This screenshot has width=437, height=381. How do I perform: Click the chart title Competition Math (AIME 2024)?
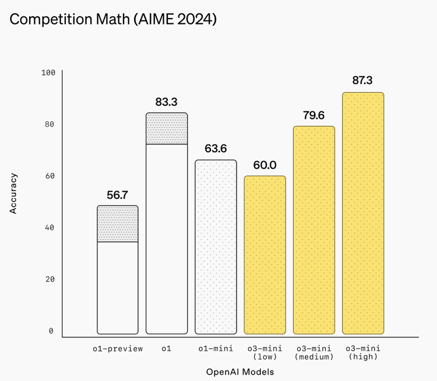click(114, 20)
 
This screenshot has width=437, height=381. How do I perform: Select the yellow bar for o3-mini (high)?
click(363, 213)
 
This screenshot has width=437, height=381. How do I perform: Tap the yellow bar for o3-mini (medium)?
click(313, 230)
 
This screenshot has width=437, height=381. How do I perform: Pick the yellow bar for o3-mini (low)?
click(265, 255)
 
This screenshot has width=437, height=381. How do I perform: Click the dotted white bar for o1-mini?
click(216, 246)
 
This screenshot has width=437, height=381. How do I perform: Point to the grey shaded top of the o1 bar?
click(167, 129)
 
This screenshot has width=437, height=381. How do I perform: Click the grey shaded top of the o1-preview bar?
click(118, 224)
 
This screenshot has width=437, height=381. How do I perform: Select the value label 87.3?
click(362, 80)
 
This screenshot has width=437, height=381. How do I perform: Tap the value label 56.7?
click(117, 195)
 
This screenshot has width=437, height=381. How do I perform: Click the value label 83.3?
click(167, 102)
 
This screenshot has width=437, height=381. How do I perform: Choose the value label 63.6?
click(216, 149)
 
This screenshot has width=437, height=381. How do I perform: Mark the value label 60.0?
click(265, 165)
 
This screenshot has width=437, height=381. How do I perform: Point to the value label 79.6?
click(313, 115)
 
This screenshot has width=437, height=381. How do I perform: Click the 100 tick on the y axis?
click(48, 73)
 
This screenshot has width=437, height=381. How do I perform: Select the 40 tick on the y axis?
click(50, 228)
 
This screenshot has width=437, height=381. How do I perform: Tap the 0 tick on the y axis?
click(51, 331)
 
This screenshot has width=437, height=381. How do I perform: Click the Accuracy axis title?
click(13, 193)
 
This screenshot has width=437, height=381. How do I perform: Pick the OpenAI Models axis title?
click(240, 371)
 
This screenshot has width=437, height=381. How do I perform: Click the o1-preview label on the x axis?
click(118, 348)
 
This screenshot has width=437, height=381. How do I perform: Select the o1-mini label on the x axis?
click(216, 348)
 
